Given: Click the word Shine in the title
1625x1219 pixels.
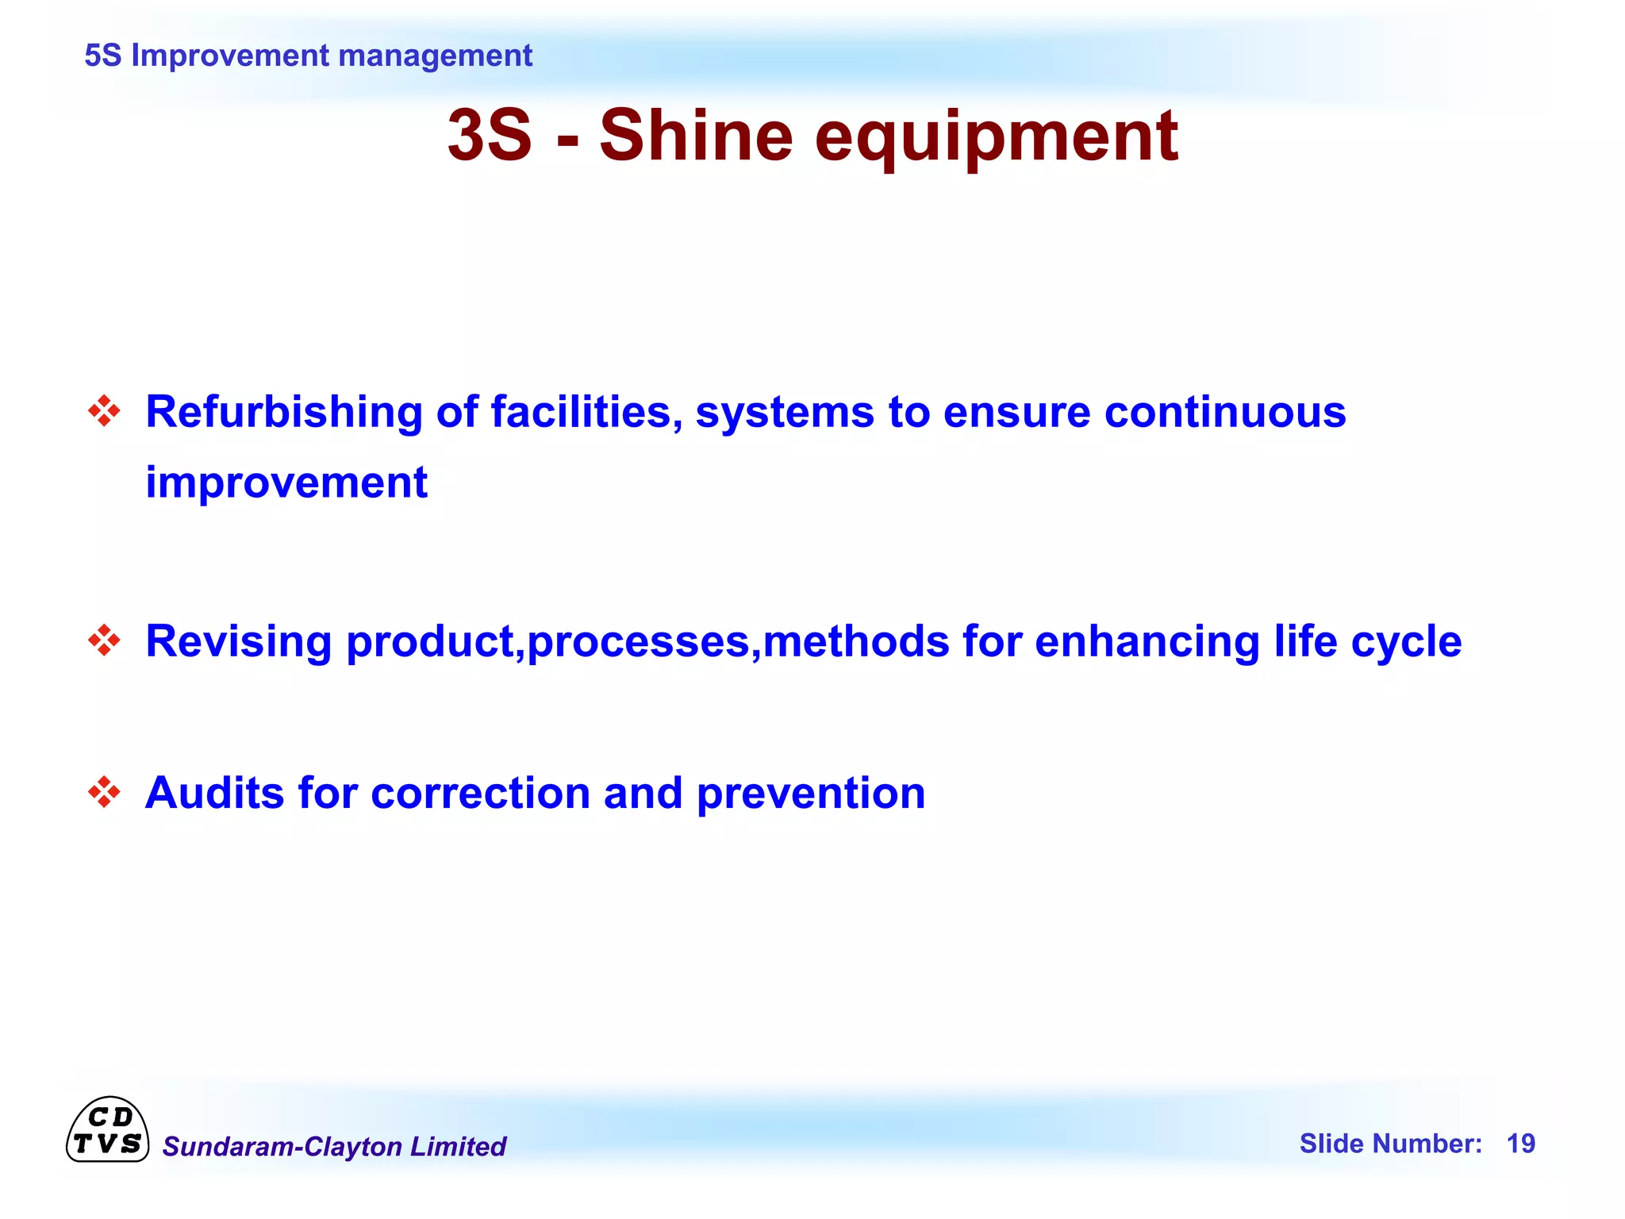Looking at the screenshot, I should [x=695, y=136].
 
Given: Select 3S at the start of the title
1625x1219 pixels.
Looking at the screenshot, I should [x=489, y=136].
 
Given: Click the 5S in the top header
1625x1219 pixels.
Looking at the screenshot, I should [x=102, y=56].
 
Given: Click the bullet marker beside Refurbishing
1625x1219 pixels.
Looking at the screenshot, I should [x=104, y=411].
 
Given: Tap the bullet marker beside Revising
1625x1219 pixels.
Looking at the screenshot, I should [x=104, y=640].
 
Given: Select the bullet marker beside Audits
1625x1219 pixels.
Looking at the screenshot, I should [x=104, y=792].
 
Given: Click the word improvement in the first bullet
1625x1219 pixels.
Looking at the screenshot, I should [x=286, y=483].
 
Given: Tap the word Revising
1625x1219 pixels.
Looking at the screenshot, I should [x=239, y=641].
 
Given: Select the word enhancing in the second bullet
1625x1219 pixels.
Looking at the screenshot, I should [x=1147, y=641].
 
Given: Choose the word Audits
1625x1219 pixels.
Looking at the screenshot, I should [x=214, y=793].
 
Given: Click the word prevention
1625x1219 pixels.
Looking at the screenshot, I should [x=811, y=794].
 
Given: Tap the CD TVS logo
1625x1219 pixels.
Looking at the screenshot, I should [x=107, y=1130].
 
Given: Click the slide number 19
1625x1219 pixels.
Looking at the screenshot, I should [x=1520, y=1144].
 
